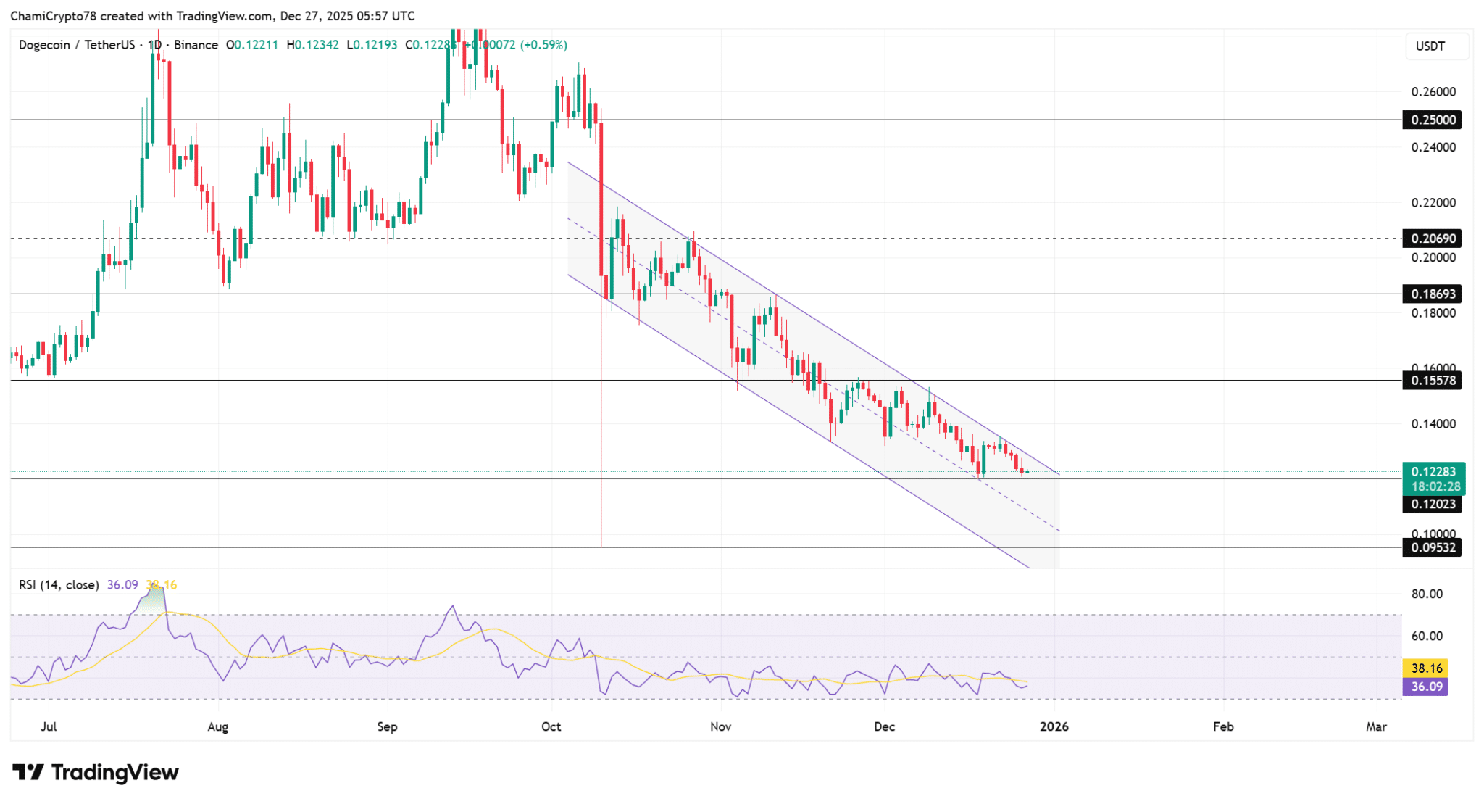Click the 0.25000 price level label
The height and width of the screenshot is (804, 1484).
click(1432, 120)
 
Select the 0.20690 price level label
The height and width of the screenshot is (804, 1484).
click(1432, 239)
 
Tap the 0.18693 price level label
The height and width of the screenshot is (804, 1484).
click(1432, 294)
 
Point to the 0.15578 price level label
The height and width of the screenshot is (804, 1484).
click(1432, 381)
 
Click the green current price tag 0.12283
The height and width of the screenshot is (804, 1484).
click(1433, 472)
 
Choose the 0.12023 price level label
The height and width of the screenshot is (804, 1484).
click(1432, 504)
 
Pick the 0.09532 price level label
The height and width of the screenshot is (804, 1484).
click(1432, 547)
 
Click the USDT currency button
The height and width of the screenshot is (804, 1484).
click(1430, 46)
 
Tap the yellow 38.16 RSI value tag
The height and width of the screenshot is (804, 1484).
click(1426, 668)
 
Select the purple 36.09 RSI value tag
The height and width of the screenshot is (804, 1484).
click(1426, 687)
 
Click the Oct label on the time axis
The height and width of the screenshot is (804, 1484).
click(551, 726)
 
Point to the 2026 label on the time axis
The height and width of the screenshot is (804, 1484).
click(1054, 726)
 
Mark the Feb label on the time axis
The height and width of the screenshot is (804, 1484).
click(1223, 726)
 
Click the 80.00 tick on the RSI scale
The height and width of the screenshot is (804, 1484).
click(1426, 594)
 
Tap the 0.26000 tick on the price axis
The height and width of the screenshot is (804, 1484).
click(1433, 92)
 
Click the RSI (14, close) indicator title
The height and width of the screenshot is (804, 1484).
click(59, 584)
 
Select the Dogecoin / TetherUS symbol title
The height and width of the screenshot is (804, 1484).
click(80, 45)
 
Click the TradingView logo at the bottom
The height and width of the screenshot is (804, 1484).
click(96, 772)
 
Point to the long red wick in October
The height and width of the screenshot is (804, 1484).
click(601, 435)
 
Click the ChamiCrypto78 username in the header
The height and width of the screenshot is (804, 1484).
click(50, 15)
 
